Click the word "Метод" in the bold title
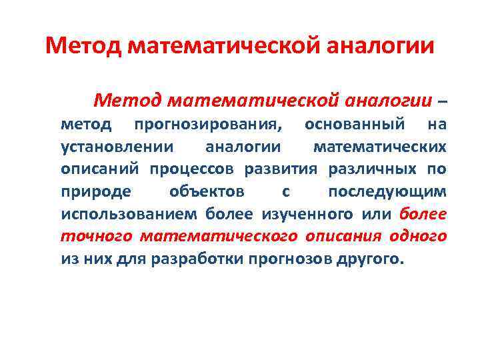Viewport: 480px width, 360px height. (83, 46)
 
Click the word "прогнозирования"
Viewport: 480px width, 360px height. (207, 124)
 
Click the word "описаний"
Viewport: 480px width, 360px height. (101, 169)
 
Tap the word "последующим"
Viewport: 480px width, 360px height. (387, 191)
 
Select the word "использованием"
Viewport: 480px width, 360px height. (129, 214)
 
